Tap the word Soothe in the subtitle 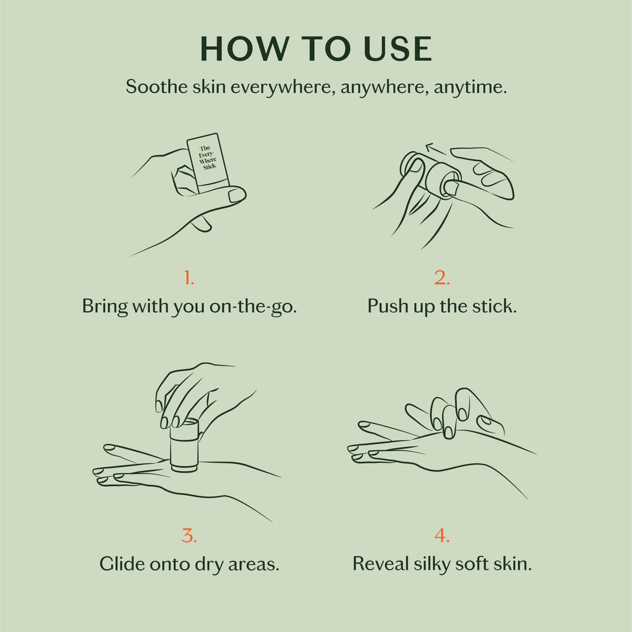pos(153,87)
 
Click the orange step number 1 pos(188,278)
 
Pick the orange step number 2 pos(442,278)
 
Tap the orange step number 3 pos(188,535)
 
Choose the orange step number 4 pos(442,535)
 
